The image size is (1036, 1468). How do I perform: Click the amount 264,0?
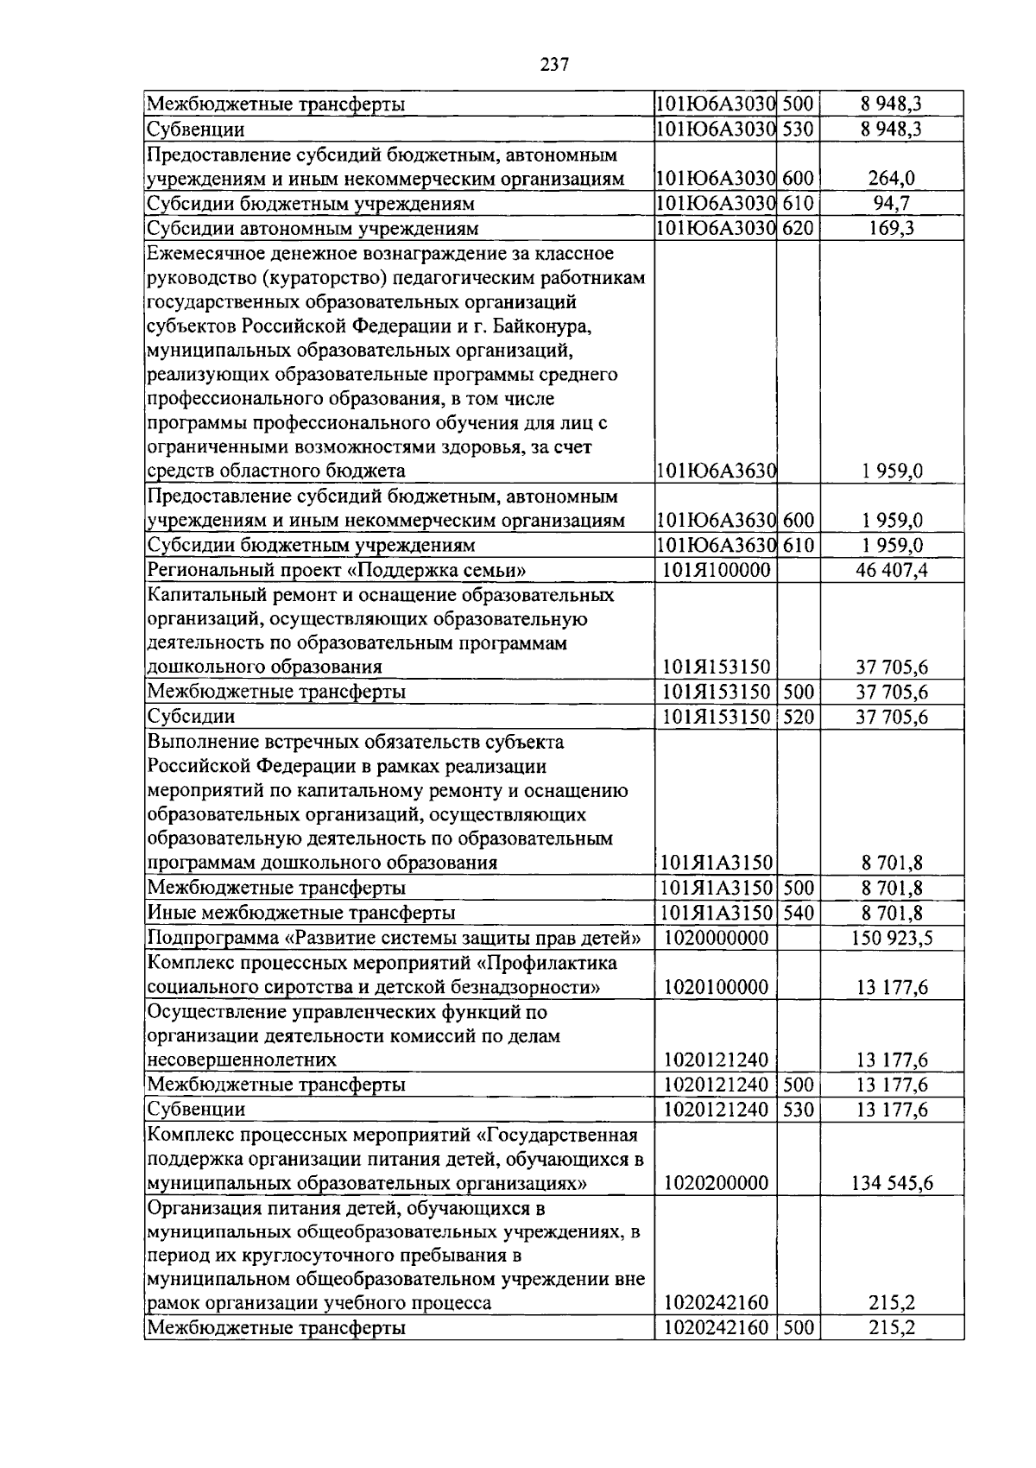point(892,179)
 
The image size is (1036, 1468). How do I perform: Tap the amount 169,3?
point(892,228)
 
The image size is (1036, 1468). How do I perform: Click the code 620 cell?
point(798,228)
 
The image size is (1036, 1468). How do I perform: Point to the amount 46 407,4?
point(892,570)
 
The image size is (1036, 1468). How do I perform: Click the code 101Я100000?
point(716,570)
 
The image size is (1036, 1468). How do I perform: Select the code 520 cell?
point(798,717)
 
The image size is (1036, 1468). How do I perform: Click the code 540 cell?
point(798,913)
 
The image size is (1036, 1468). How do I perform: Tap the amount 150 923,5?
point(892,938)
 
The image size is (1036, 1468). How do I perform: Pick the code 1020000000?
point(716,938)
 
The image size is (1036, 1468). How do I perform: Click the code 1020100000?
point(716,987)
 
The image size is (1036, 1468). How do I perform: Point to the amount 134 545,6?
point(892,1183)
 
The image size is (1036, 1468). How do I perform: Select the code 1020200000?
point(716,1183)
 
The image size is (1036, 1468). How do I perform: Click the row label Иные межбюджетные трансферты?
point(301,913)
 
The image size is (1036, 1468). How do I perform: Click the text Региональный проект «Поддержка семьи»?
point(337,570)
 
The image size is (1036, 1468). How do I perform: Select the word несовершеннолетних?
point(242,1060)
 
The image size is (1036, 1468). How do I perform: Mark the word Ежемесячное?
point(201,253)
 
